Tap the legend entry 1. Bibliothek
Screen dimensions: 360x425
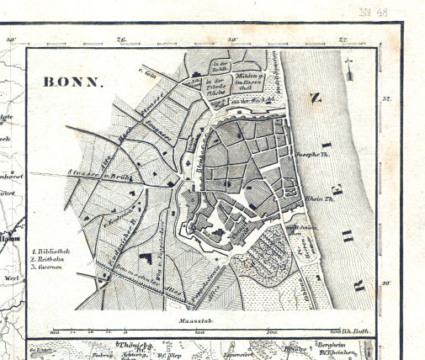point(51,251)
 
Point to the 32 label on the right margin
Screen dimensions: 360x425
point(387,99)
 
